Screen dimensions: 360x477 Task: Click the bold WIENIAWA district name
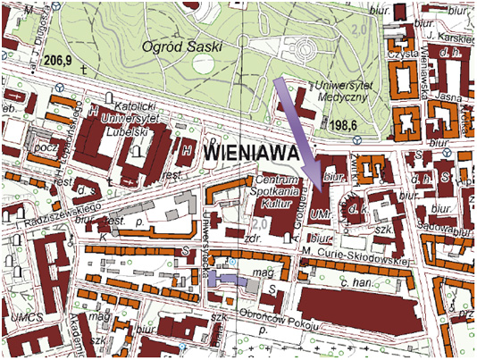tap(249, 155)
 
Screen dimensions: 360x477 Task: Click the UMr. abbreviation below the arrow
tap(322, 214)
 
